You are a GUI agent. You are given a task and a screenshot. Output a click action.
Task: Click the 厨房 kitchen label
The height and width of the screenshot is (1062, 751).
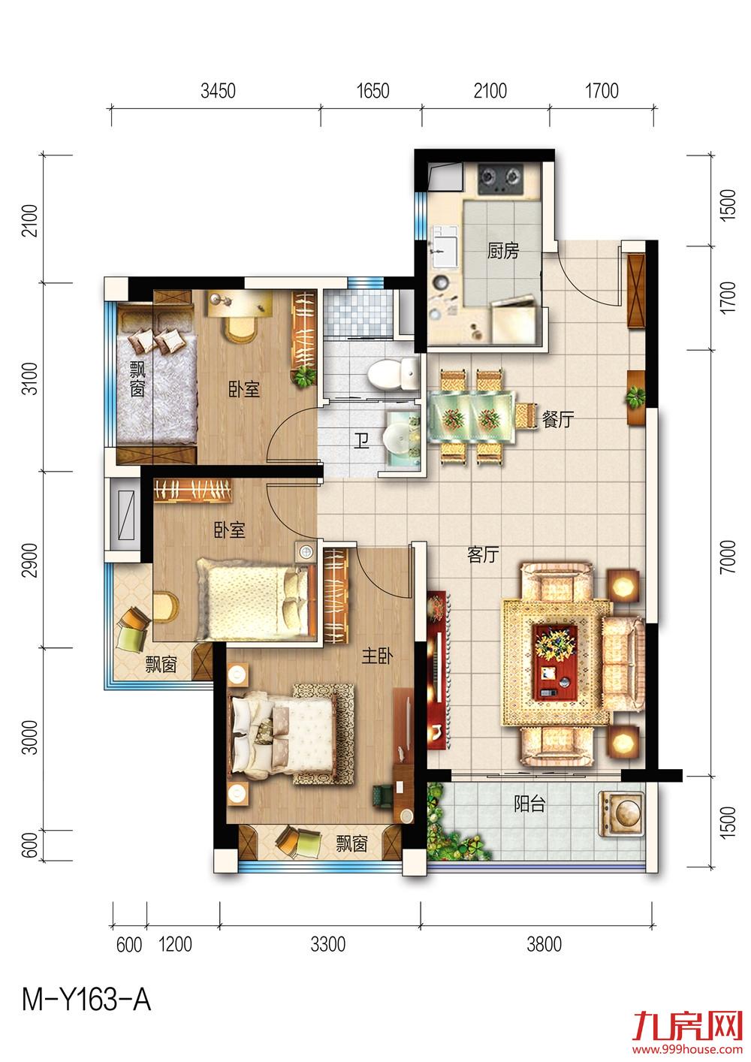(503, 251)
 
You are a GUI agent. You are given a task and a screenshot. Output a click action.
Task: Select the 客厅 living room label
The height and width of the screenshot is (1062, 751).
(483, 554)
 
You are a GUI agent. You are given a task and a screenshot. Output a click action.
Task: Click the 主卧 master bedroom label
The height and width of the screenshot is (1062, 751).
(378, 656)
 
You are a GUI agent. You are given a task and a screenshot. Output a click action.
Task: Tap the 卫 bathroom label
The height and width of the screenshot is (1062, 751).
(362, 442)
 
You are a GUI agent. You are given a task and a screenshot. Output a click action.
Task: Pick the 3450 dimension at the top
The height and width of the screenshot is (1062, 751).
(218, 91)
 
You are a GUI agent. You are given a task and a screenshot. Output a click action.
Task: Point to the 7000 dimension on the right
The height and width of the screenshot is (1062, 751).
(728, 557)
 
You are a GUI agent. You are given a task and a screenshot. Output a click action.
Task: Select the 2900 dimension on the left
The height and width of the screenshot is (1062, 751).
(30, 560)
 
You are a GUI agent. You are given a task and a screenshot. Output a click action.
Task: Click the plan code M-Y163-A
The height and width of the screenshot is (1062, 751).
(86, 1000)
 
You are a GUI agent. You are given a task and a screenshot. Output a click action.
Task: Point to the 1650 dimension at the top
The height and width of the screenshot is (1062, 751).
(372, 91)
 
